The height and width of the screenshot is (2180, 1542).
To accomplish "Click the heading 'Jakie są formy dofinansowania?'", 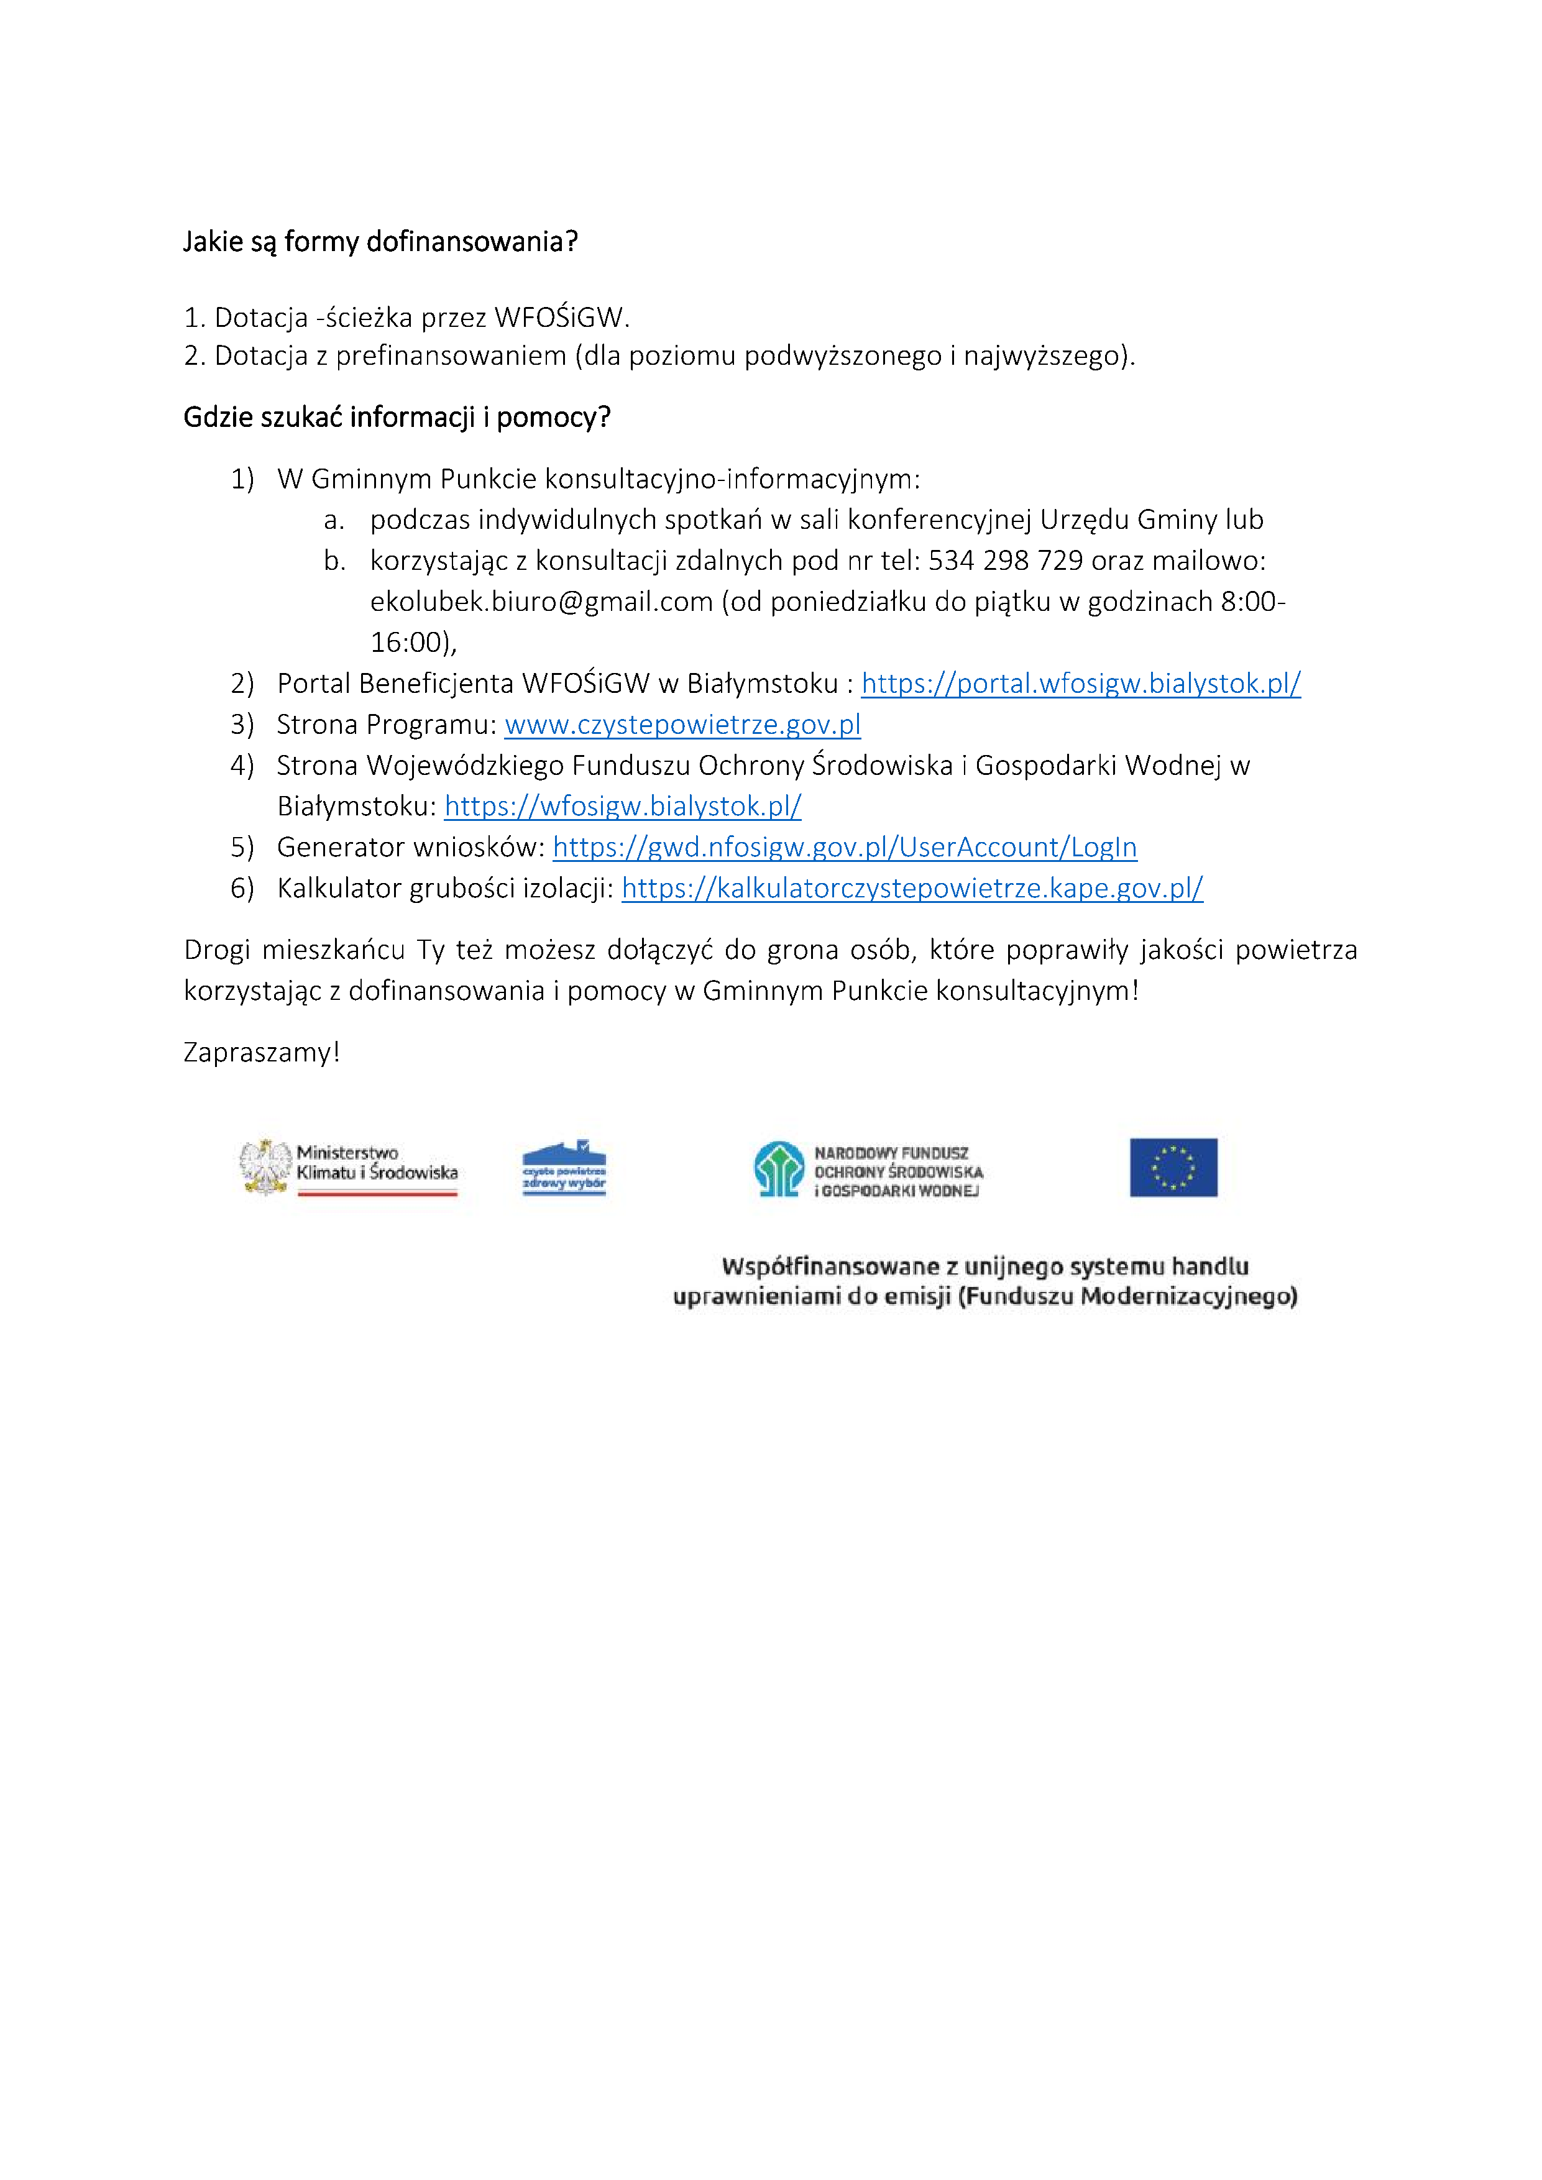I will click(x=380, y=242).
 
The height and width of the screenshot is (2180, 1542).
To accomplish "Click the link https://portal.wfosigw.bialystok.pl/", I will click(x=1081, y=684).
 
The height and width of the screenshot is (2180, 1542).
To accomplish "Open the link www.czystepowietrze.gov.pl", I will click(x=682, y=725).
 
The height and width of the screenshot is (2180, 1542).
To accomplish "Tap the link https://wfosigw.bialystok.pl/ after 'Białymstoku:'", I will click(x=622, y=806).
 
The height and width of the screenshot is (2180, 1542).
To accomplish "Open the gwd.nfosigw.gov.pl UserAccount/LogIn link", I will click(x=844, y=847).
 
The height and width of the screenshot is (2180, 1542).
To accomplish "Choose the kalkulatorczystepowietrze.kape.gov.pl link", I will click(x=912, y=888).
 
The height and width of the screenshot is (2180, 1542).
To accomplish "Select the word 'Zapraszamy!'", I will click(x=261, y=1052).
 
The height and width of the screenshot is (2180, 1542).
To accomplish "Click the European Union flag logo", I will click(x=1173, y=1167).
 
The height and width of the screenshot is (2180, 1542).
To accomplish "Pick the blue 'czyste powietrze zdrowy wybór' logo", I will click(x=564, y=1167).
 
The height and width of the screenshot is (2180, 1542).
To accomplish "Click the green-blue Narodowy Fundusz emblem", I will click(x=779, y=1169).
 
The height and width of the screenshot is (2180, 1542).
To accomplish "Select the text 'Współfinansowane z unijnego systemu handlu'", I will click(x=984, y=1266).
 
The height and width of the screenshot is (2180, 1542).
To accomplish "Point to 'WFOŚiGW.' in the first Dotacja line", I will click(x=561, y=317).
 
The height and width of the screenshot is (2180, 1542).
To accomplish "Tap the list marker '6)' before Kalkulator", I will click(x=242, y=888).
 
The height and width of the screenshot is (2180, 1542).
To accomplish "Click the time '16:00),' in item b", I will click(x=413, y=643).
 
